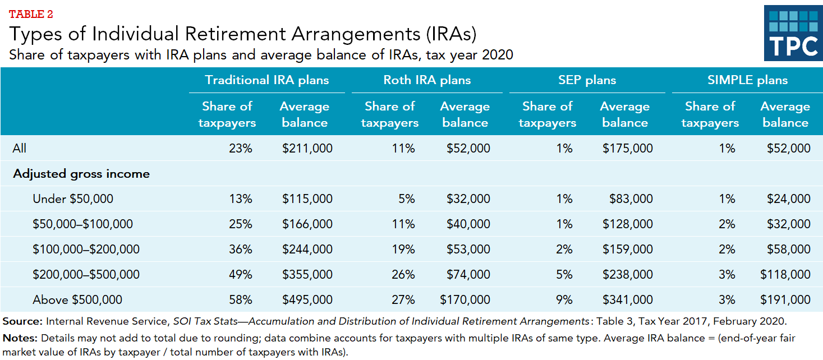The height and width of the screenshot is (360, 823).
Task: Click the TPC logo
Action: (x=793, y=33)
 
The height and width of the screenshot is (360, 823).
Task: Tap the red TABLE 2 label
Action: (x=31, y=13)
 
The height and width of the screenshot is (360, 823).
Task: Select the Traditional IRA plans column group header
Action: (x=266, y=80)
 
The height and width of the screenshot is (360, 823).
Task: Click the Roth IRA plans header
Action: (x=426, y=80)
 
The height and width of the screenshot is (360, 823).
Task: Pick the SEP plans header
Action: (x=587, y=80)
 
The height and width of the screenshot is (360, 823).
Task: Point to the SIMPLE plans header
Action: (x=747, y=80)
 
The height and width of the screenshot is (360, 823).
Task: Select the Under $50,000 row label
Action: (x=73, y=199)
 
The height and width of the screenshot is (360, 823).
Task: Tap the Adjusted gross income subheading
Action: (x=81, y=174)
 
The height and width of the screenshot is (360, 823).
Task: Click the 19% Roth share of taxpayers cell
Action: (x=404, y=250)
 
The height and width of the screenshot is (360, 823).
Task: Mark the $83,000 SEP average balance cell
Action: (x=631, y=199)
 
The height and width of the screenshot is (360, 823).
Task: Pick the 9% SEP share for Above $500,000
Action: (x=564, y=300)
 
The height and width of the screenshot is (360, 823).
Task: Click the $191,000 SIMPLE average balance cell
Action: (x=785, y=300)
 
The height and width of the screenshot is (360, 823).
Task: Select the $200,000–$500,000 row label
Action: (x=86, y=275)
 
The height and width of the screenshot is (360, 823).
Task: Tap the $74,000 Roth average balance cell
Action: (x=468, y=275)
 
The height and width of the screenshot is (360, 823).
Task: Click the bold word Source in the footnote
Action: (x=22, y=321)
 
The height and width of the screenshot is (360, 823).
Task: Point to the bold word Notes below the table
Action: (x=20, y=339)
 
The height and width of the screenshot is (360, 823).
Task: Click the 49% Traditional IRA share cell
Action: (x=241, y=275)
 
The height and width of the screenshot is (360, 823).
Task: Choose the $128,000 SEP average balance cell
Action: (x=628, y=224)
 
